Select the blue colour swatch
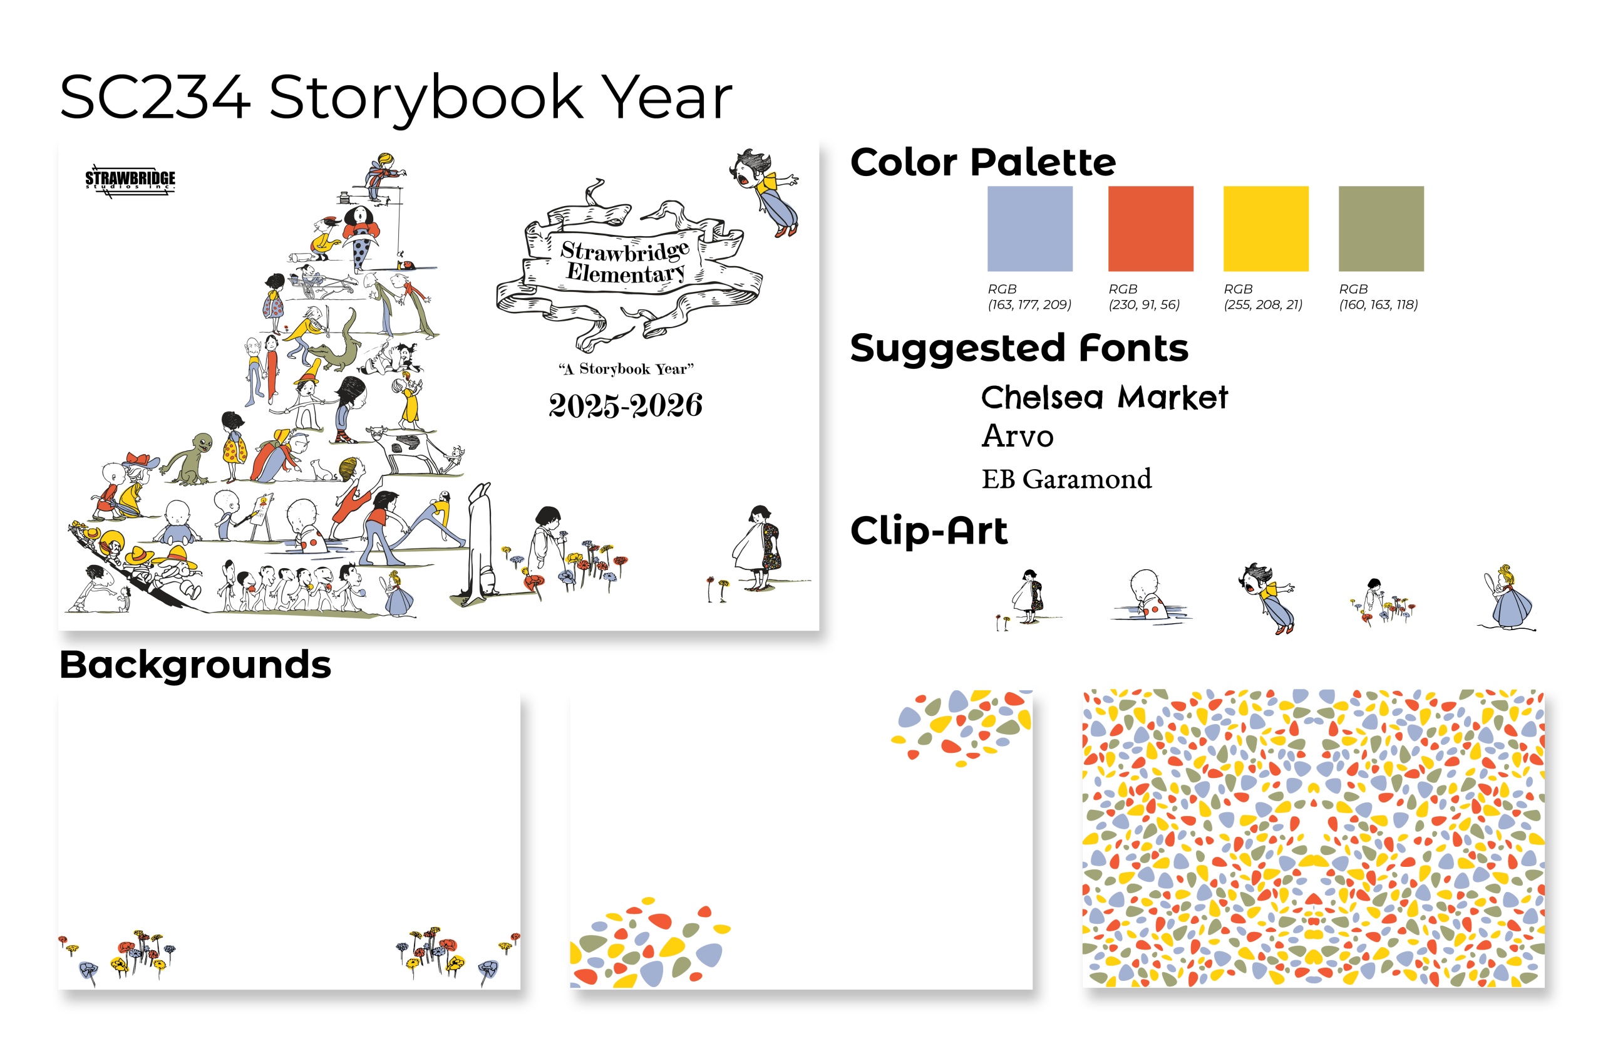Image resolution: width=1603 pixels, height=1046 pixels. [x=1029, y=229]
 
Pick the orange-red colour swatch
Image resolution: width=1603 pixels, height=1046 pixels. [x=1150, y=229]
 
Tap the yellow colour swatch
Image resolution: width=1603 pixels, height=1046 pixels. [x=1265, y=229]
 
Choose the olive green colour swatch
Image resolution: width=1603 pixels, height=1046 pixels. [x=1381, y=229]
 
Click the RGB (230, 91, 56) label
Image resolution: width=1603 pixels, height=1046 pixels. [x=1143, y=296]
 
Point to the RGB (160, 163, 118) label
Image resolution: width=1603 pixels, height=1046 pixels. [x=1378, y=296]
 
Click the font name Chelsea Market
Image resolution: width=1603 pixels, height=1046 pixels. [x=1105, y=397]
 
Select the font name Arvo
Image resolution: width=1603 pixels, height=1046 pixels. [x=1018, y=436]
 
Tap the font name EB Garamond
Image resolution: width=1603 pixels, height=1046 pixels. [x=1066, y=479]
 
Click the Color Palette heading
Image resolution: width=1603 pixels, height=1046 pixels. [x=982, y=162]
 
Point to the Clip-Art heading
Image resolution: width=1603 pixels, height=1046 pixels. [x=929, y=531]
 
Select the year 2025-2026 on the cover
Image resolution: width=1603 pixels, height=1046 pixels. [x=625, y=405]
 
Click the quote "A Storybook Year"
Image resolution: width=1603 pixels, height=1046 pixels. [x=626, y=368]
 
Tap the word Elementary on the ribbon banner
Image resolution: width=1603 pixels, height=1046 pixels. [x=626, y=273]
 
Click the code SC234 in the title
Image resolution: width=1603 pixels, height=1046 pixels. [x=155, y=98]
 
